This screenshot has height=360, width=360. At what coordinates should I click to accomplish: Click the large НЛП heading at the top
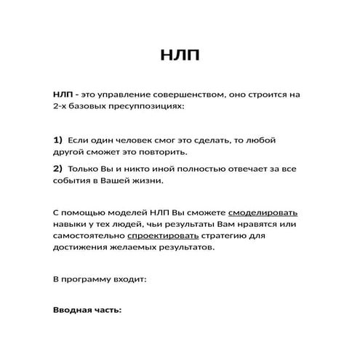pos(180,57)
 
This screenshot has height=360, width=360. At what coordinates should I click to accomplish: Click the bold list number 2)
pos(58,169)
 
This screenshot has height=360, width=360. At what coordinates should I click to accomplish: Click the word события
pos(71,181)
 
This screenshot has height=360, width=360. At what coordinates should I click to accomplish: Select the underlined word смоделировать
pos(263,213)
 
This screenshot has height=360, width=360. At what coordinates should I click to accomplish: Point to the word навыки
pos(69,225)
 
